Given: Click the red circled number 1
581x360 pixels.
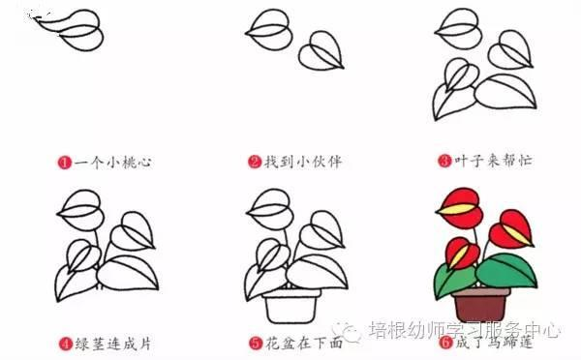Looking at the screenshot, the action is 64,163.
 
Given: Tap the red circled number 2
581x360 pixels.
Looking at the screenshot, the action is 255,162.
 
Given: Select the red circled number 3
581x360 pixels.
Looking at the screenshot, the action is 444,161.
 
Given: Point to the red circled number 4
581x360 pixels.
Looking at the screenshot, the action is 65,344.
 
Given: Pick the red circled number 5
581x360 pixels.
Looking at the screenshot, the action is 256,343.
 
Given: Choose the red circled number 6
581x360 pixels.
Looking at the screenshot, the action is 445,343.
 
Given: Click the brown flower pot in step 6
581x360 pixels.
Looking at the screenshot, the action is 481,305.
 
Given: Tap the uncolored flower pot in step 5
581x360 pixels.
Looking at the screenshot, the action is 291,306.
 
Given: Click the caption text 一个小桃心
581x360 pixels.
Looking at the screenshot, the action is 112,163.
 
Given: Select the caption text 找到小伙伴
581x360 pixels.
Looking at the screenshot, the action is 303,162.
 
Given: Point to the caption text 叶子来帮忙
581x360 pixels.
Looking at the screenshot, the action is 493,161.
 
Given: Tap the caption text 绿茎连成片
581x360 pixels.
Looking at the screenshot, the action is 113,344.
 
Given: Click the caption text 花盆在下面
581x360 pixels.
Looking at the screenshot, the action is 304,343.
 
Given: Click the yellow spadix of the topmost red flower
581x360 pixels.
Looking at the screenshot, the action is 456,209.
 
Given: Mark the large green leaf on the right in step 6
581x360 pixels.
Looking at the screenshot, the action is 506,270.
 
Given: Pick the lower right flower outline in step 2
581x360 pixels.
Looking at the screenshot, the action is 321,50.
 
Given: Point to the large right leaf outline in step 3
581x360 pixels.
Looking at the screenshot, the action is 505,91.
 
